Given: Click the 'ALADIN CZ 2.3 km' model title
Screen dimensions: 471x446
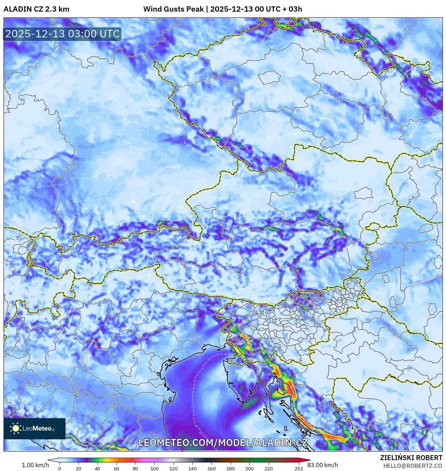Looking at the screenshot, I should pos(36,9).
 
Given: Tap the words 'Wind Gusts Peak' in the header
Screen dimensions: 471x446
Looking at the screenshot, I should pos(173,9).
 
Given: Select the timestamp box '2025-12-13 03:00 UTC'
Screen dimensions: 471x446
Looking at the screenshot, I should pos(62,34).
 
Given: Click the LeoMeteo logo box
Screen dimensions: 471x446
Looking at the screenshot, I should pos(34,428).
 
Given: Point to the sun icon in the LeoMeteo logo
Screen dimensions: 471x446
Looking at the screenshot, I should pos(15,428).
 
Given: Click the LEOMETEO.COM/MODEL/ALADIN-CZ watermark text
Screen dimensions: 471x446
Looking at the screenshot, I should pos(223,443).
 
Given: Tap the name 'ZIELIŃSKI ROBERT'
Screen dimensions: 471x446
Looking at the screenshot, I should pos(411,458).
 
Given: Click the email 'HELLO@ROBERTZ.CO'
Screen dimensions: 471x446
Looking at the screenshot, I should pos(413,466).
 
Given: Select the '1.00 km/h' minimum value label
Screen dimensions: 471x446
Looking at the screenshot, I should pos(35,465).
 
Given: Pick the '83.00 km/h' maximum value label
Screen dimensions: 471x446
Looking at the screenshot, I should pos(322,465).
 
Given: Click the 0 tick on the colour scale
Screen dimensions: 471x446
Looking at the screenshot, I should pos(59,469).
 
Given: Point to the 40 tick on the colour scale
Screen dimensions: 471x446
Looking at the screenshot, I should pos(98,469).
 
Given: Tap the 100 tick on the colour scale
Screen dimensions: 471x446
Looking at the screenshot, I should pos(155,469).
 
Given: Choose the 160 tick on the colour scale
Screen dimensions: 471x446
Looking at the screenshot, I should pos(212,469).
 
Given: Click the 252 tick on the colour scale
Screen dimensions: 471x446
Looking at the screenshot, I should pos(299,469).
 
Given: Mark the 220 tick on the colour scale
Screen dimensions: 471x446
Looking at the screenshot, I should pos(269,469).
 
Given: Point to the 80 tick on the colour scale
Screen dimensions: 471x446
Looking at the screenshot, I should pos(136,469).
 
